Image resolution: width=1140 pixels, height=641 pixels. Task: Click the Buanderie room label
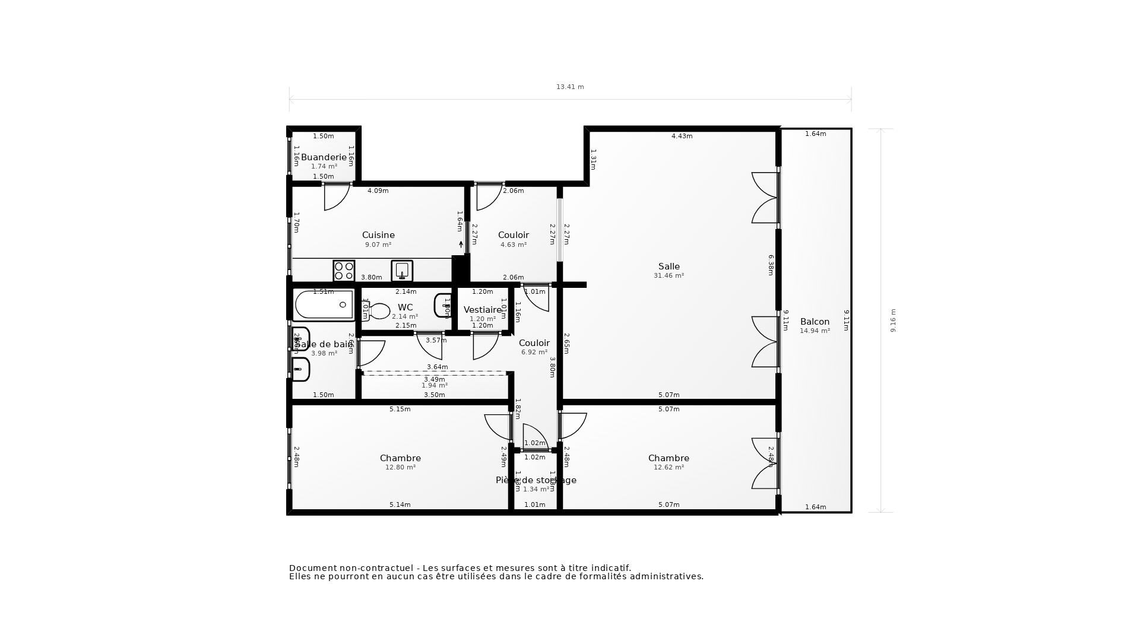click(324, 157)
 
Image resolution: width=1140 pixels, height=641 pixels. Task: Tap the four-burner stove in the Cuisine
click(344, 271)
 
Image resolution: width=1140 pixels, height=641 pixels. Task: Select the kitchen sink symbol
click(402, 271)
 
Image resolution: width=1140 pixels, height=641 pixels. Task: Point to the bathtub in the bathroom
click(324, 304)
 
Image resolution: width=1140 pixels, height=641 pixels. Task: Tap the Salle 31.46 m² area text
click(669, 276)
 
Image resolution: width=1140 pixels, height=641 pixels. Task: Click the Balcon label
click(815, 322)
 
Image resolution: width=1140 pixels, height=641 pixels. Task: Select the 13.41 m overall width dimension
click(570, 87)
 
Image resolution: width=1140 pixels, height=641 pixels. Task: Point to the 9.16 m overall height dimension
click(893, 320)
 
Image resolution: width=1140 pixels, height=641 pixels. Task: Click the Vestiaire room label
click(483, 310)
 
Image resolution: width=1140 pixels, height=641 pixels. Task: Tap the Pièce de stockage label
click(536, 480)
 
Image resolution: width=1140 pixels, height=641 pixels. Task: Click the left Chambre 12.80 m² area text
click(400, 468)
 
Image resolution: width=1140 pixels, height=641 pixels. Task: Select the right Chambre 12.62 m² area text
click(669, 468)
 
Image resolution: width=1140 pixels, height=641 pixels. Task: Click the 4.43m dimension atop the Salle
click(682, 137)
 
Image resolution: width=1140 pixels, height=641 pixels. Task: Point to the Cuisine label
click(378, 235)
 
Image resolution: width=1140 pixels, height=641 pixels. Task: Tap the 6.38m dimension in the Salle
click(771, 265)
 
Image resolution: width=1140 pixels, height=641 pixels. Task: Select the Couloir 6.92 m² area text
click(534, 353)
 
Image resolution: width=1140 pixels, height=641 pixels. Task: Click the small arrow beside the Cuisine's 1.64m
click(461, 244)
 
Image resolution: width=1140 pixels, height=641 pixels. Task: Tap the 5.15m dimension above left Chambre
click(400, 410)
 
